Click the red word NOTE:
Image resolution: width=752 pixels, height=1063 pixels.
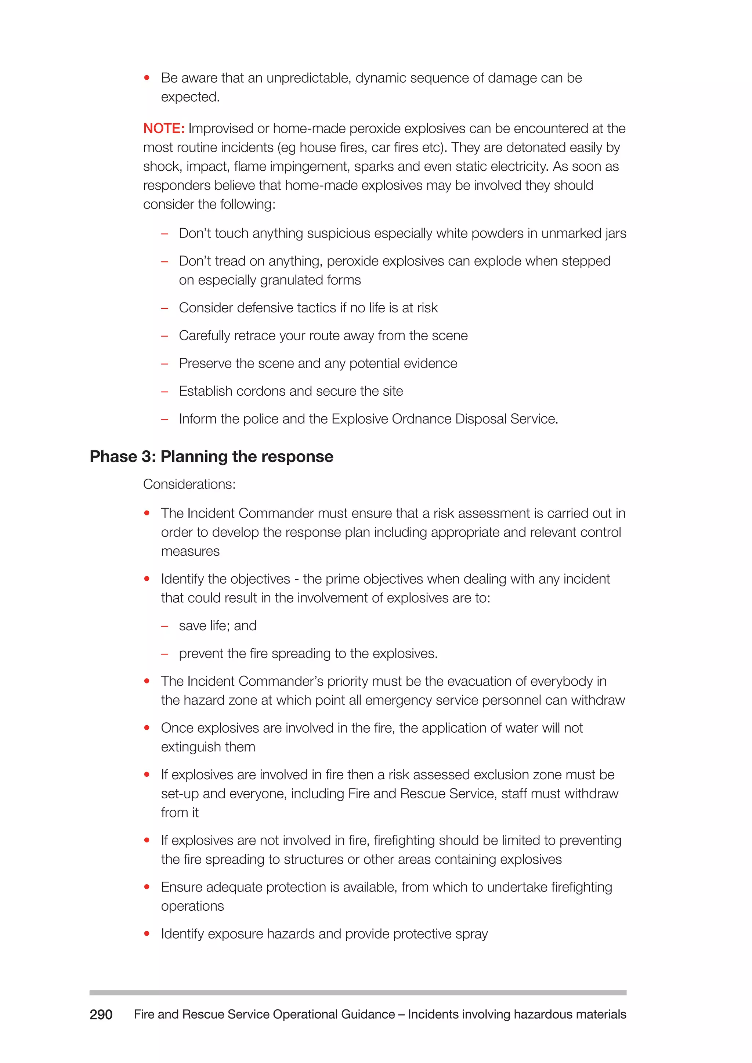[x=164, y=128]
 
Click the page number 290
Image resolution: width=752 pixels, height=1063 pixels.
[x=101, y=1015]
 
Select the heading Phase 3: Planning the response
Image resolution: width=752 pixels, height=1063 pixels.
[x=211, y=457]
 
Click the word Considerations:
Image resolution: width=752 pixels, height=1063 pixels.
[x=189, y=484]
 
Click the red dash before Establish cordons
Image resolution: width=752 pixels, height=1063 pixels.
[x=164, y=391]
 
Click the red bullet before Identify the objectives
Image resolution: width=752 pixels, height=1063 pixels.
[x=147, y=579]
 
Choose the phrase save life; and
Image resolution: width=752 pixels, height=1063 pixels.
[x=218, y=626]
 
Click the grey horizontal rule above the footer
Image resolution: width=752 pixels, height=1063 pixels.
[x=358, y=993]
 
